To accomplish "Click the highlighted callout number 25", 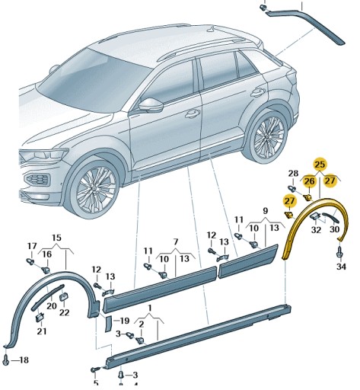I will coord(320,165).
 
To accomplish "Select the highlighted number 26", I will coord(308,181).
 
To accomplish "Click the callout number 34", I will coord(340,267).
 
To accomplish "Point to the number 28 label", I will coord(292,174).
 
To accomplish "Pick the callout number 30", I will coord(334,229).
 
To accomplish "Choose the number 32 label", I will coord(314,229).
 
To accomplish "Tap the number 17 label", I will coord(31,245).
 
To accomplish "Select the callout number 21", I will coord(41,331).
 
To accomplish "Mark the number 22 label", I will coord(64,312).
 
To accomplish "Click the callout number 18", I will coord(23,359).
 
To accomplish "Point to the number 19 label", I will coord(124,321).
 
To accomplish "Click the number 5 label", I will coord(95,382).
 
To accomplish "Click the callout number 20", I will coord(51,305).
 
